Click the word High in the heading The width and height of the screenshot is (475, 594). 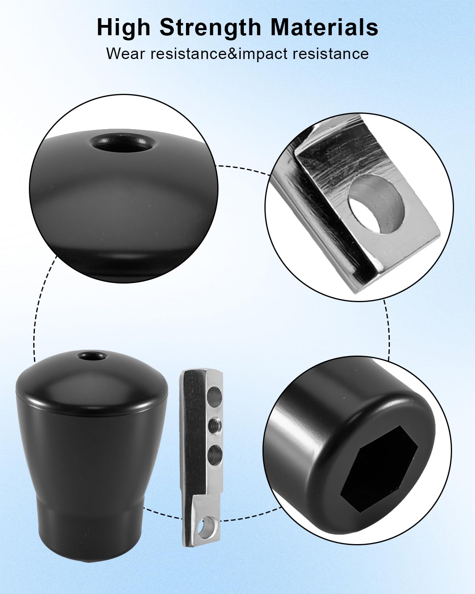coord(123,28)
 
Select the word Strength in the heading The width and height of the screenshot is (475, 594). coord(210,28)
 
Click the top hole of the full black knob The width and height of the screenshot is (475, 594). coord(92,355)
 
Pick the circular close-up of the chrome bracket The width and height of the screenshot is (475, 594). coord(359,207)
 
